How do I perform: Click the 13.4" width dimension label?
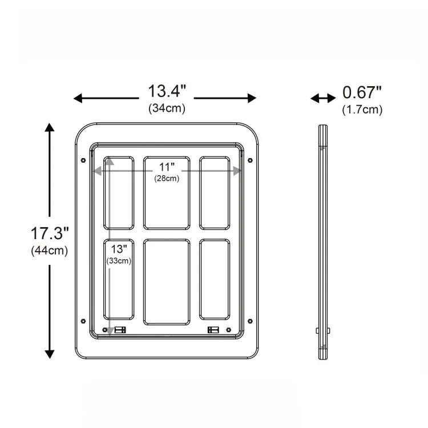pos(167,91)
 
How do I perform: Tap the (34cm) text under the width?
pos(167,108)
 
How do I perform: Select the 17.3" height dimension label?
pos(50,233)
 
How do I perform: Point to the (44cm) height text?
pos(50,251)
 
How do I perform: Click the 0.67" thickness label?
pos(362,92)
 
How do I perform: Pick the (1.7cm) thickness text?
pos(362,110)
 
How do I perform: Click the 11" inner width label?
pos(167,167)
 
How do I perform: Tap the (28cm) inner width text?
pos(167,179)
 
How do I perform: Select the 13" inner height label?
pos(119,249)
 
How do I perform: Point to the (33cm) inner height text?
pos(119,261)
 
